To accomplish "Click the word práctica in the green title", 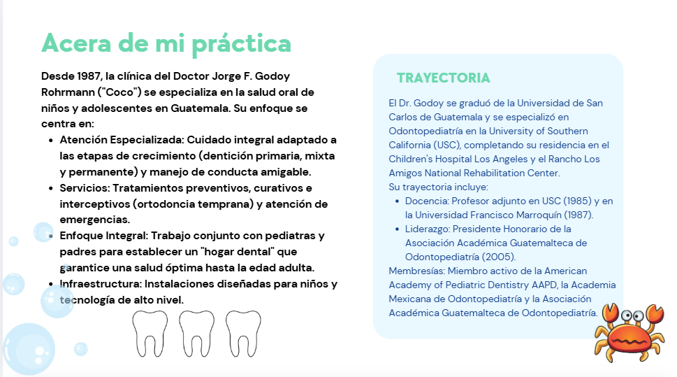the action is (241, 43).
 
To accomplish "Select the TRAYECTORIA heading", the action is (444, 78).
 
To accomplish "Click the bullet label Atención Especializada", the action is (122, 140).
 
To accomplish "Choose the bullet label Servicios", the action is (85, 188).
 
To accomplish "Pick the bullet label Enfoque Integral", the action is (103, 236).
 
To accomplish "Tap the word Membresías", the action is (416, 271).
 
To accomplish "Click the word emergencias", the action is (94, 220).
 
